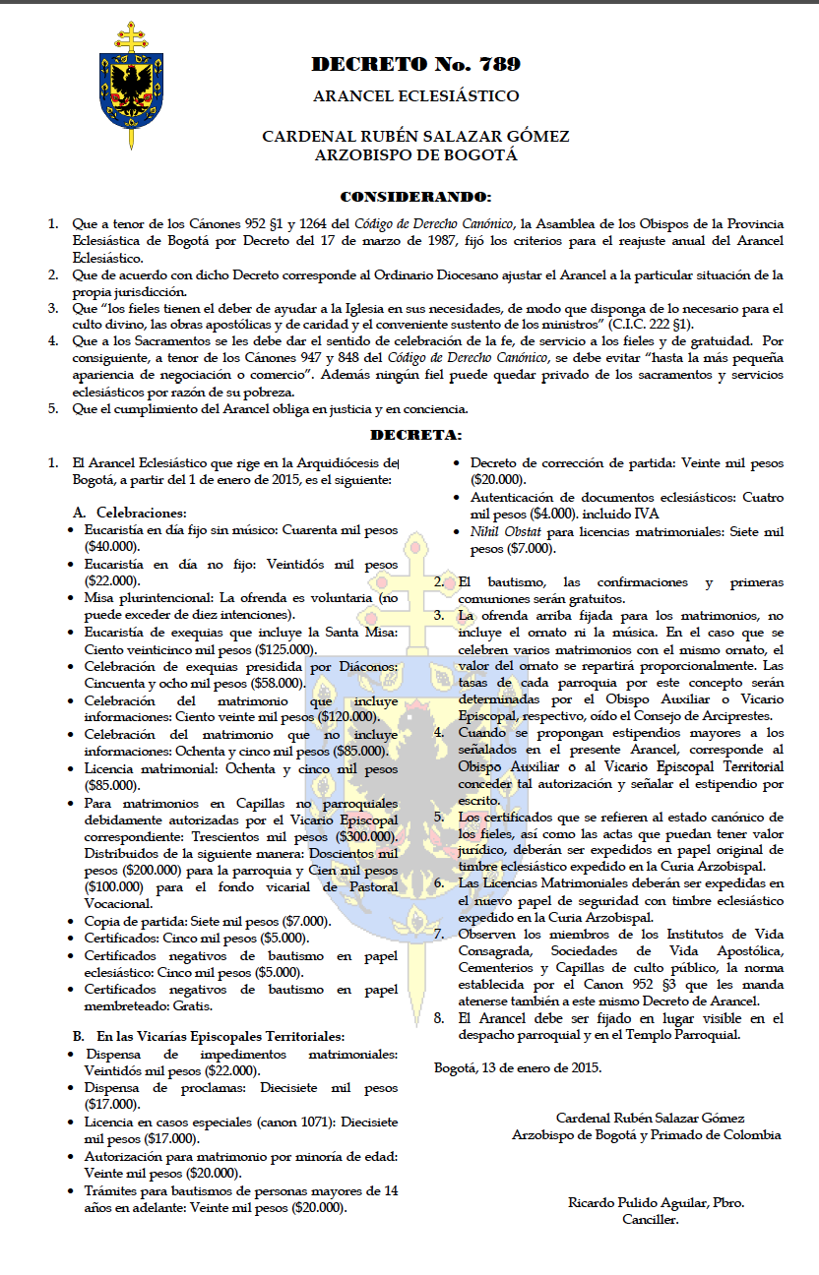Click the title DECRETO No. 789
click(x=415, y=65)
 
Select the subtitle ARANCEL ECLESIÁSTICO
click(x=415, y=96)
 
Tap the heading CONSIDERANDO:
click(x=415, y=197)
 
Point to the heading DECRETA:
click(x=415, y=434)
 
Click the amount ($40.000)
click(x=111, y=546)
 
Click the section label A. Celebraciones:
click(x=130, y=513)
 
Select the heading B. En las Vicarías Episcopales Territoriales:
click(x=208, y=1036)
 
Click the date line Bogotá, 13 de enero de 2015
click(x=518, y=1066)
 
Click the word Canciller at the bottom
click(x=650, y=1219)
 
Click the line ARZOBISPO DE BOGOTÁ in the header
click(x=415, y=154)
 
